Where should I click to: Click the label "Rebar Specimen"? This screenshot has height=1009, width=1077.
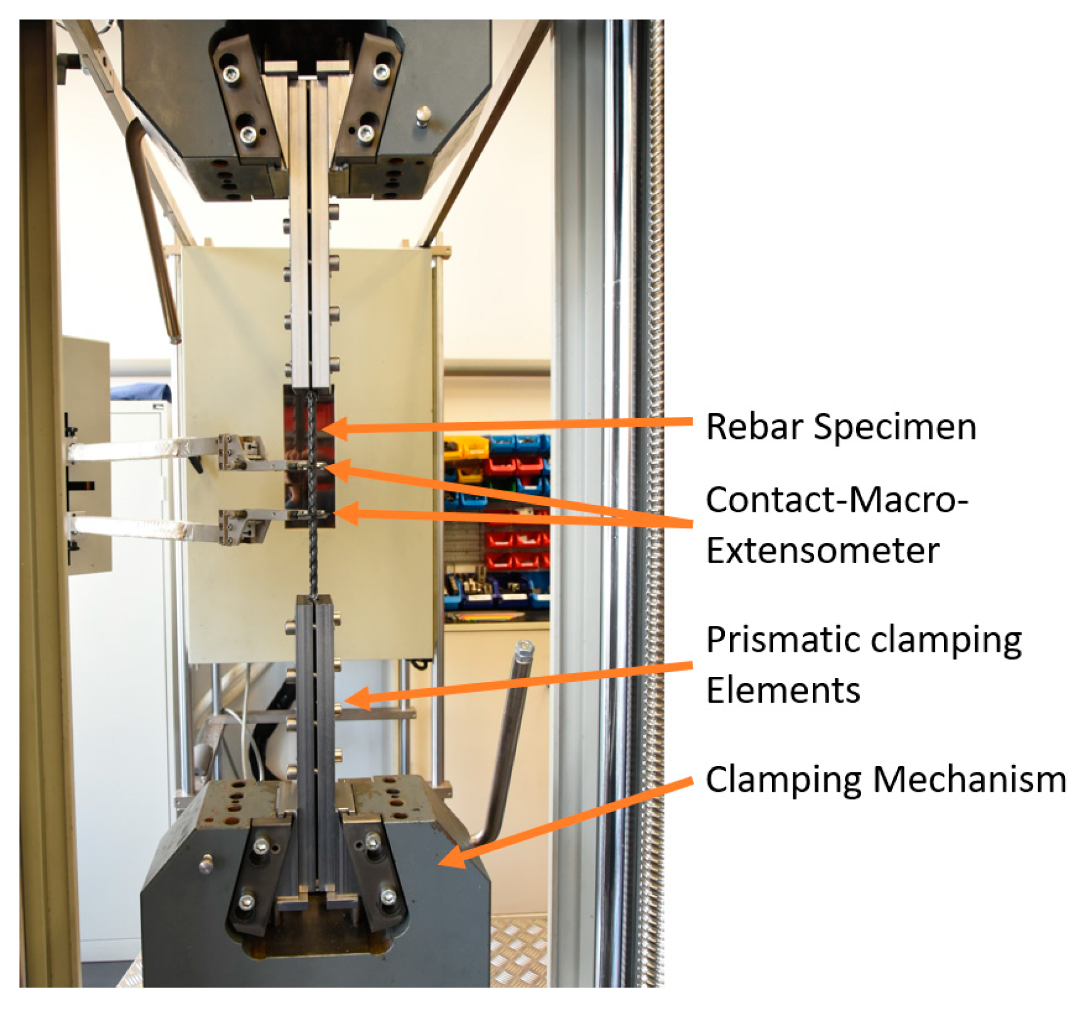pyautogui.click(x=840, y=427)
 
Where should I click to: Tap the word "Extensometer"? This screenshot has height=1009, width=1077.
pyautogui.click(x=822, y=551)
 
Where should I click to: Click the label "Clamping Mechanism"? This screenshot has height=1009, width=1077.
pyautogui.click(x=886, y=779)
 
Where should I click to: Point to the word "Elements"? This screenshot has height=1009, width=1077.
pyautogui.click(x=783, y=690)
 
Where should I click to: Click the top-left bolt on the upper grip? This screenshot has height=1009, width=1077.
pyautogui.click(x=231, y=74)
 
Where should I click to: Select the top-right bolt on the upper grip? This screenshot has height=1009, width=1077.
pyautogui.click(x=381, y=72)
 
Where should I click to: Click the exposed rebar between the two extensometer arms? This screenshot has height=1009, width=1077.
pyautogui.click(x=313, y=490)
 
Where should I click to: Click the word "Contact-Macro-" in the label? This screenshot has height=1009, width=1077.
pyautogui.click(x=837, y=500)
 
